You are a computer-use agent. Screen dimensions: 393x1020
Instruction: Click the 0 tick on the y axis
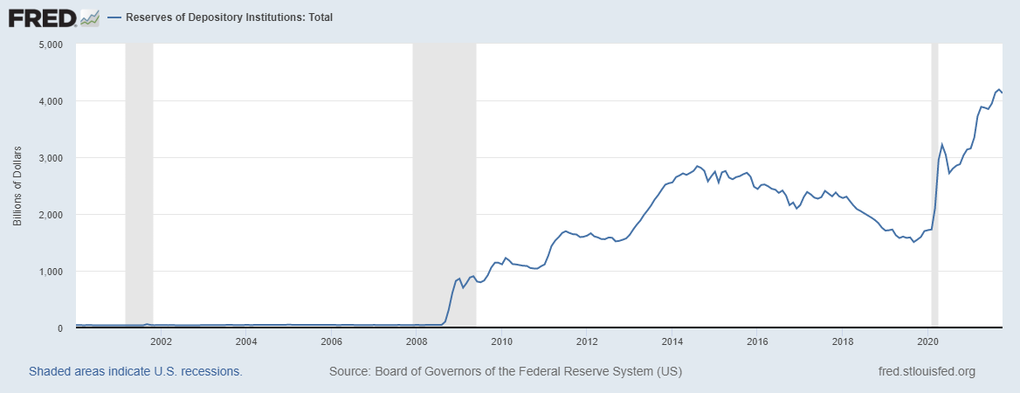(61, 328)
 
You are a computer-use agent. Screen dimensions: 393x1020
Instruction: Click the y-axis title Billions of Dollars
(17, 187)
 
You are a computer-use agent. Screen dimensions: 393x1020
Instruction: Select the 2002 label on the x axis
(162, 341)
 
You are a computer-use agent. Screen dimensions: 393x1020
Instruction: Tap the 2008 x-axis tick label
(417, 341)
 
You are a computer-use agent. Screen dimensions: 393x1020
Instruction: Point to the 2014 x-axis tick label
(672, 341)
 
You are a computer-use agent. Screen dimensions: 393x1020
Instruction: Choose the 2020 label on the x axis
(928, 341)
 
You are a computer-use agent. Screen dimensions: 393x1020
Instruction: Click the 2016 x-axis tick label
(758, 341)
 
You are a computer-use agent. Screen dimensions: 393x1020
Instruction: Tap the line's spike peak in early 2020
(941, 144)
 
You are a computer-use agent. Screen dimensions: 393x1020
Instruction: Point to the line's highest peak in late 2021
(998, 89)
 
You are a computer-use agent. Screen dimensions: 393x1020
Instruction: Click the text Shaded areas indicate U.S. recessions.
(135, 372)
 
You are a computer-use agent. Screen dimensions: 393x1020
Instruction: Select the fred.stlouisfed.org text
(926, 372)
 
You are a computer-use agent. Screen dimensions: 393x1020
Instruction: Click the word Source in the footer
(348, 372)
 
